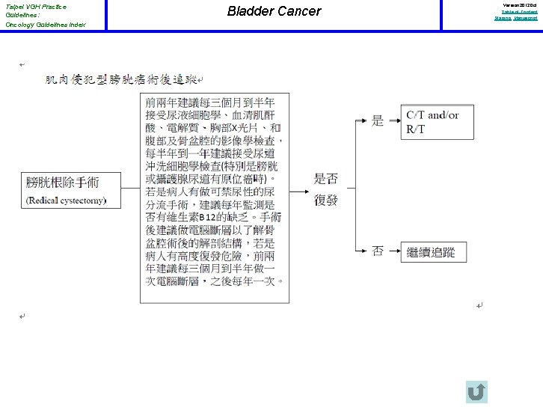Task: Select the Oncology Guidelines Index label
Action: (x=45, y=25)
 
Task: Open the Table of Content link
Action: (x=519, y=12)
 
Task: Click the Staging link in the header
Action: (x=501, y=18)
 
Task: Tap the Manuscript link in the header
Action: (x=525, y=18)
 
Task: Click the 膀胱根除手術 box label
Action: (x=63, y=183)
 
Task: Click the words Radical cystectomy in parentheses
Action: (x=66, y=201)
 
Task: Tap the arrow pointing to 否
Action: (x=358, y=251)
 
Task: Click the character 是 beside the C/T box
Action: (x=378, y=120)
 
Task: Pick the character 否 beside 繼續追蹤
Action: (x=378, y=251)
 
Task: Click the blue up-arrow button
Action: (x=476, y=392)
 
